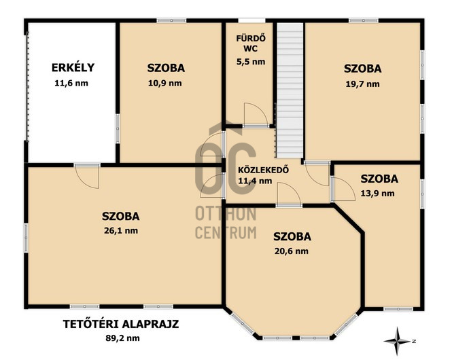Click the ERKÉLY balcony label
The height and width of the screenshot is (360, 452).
(x=73, y=67)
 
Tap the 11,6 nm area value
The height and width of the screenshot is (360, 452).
(x=71, y=84)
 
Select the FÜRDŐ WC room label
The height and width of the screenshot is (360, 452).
(x=251, y=43)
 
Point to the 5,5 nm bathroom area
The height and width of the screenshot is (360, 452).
(x=251, y=62)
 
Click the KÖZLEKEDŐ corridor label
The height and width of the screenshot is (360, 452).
(x=263, y=170)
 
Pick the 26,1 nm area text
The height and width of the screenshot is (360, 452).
(x=121, y=231)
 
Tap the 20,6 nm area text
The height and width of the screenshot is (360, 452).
(x=292, y=251)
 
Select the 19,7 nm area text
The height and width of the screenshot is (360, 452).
(x=363, y=84)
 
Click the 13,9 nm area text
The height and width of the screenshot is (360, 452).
(x=378, y=194)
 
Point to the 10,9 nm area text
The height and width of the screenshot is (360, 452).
(x=165, y=84)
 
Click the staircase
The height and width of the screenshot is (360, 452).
(x=290, y=90)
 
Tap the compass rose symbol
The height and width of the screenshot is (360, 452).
(x=398, y=341)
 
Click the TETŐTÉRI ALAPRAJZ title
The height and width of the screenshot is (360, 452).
(x=121, y=324)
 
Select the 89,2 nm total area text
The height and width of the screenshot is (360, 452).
(x=122, y=338)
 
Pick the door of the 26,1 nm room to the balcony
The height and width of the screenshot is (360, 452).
(x=86, y=176)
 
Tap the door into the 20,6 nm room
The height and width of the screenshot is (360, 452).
(x=289, y=195)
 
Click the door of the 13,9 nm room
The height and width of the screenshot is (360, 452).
(x=343, y=189)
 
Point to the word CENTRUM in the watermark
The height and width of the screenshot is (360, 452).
(x=226, y=233)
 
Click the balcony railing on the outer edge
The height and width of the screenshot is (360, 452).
(x=28, y=86)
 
